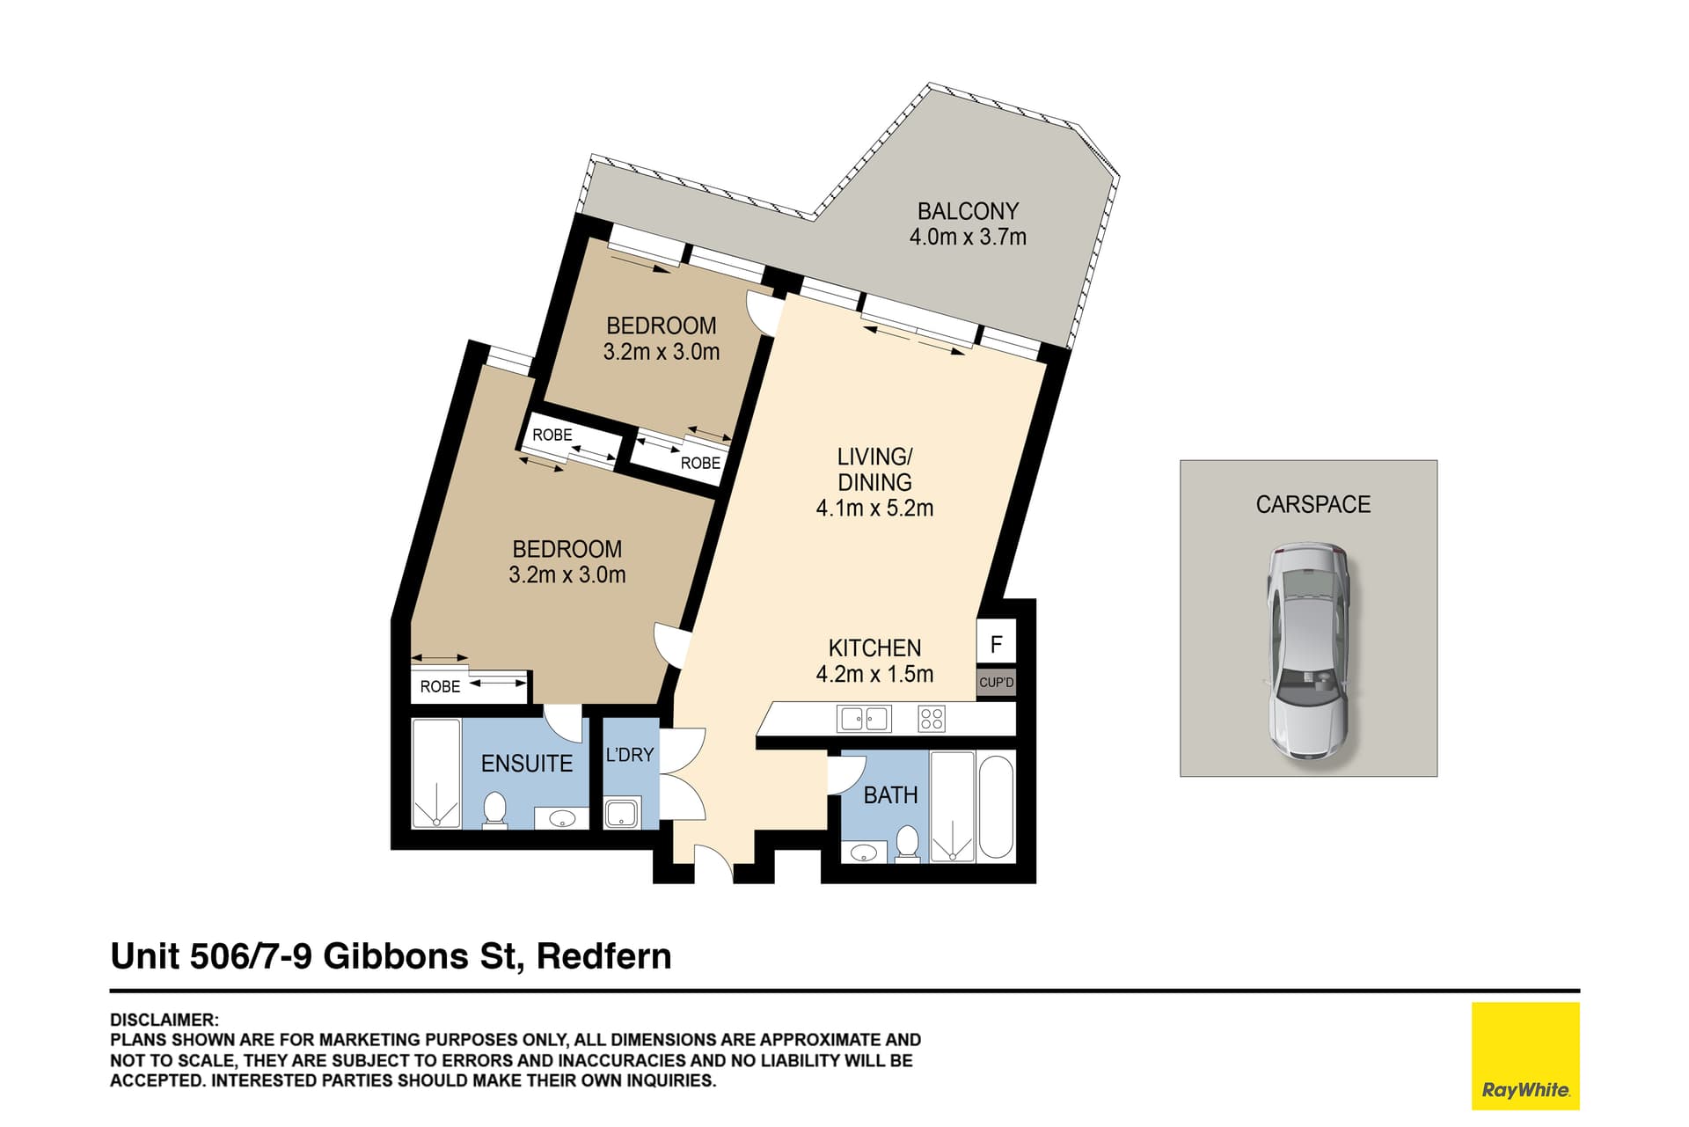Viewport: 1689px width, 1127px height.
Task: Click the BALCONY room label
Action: [x=968, y=211]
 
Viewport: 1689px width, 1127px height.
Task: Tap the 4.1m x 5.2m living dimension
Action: [x=874, y=508]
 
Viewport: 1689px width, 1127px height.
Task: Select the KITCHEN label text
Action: [x=874, y=648]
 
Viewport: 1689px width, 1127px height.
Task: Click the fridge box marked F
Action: [x=996, y=643]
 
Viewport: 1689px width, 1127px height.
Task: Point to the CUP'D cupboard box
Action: [x=996, y=683]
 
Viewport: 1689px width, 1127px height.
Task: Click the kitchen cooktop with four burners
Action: [x=931, y=719]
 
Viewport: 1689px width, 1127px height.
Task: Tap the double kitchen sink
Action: [x=864, y=719]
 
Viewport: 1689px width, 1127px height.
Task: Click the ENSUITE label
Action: [x=526, y=763]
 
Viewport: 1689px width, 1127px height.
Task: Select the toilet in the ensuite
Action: [x=494, y=810]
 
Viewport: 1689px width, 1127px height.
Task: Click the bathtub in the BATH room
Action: [x=996, y=806]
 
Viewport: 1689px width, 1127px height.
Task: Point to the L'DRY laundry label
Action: [x=629, y=755]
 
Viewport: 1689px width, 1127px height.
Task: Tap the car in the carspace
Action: [x=1307, y=651]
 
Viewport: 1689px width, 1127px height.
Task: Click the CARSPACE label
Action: [x=1312, y=504]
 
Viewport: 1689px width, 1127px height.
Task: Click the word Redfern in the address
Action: [x=603, y=956]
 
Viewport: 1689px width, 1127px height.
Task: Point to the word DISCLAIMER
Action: [x=163, y=1020]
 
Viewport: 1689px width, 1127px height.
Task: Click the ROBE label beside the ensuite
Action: [x=440, y=686]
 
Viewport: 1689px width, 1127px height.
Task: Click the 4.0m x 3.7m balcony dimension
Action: [x=968, y=237]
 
